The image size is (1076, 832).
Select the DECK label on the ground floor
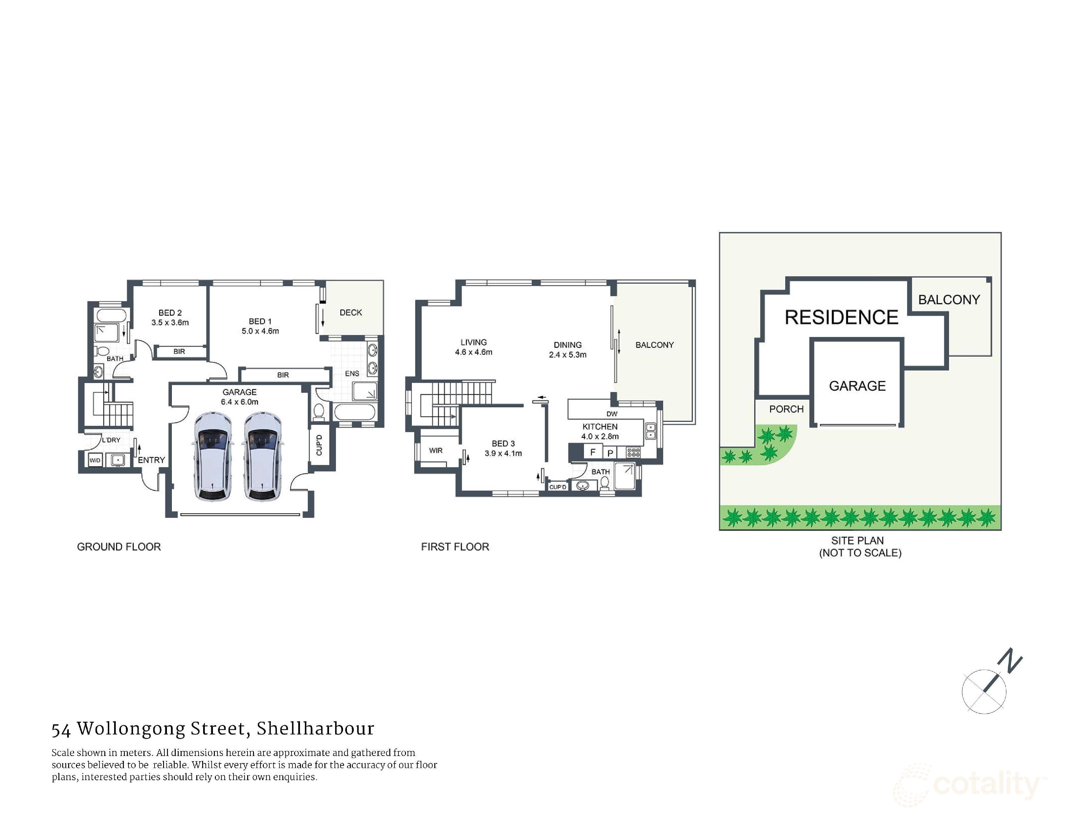(351, 313)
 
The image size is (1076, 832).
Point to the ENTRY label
(151, 460)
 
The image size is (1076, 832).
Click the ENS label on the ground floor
(352, 374)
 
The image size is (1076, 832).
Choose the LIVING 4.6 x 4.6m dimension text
(473, 352)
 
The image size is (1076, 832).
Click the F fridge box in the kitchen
(593, 452)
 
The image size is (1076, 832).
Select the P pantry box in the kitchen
(610, 453)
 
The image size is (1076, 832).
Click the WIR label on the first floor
(436, 451)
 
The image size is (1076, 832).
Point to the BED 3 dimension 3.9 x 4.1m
(503, 454)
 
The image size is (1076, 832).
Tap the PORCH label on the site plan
(786, 409)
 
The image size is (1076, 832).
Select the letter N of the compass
(1011, 660)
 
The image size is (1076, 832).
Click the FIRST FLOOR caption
(455, 547)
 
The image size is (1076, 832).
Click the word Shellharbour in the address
(315, 729)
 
